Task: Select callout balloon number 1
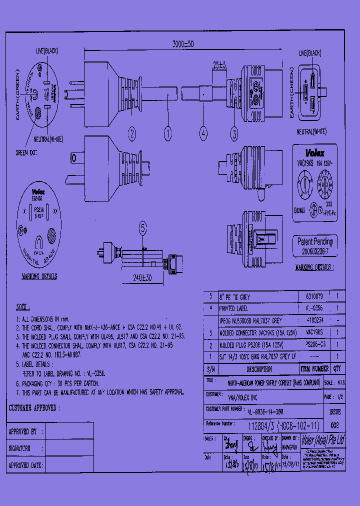168,133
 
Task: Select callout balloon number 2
132,133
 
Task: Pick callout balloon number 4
203,133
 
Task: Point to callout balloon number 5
143,229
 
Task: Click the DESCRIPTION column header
259,369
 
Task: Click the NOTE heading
23,306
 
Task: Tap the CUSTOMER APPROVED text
33,408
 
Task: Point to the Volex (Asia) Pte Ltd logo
323,440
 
